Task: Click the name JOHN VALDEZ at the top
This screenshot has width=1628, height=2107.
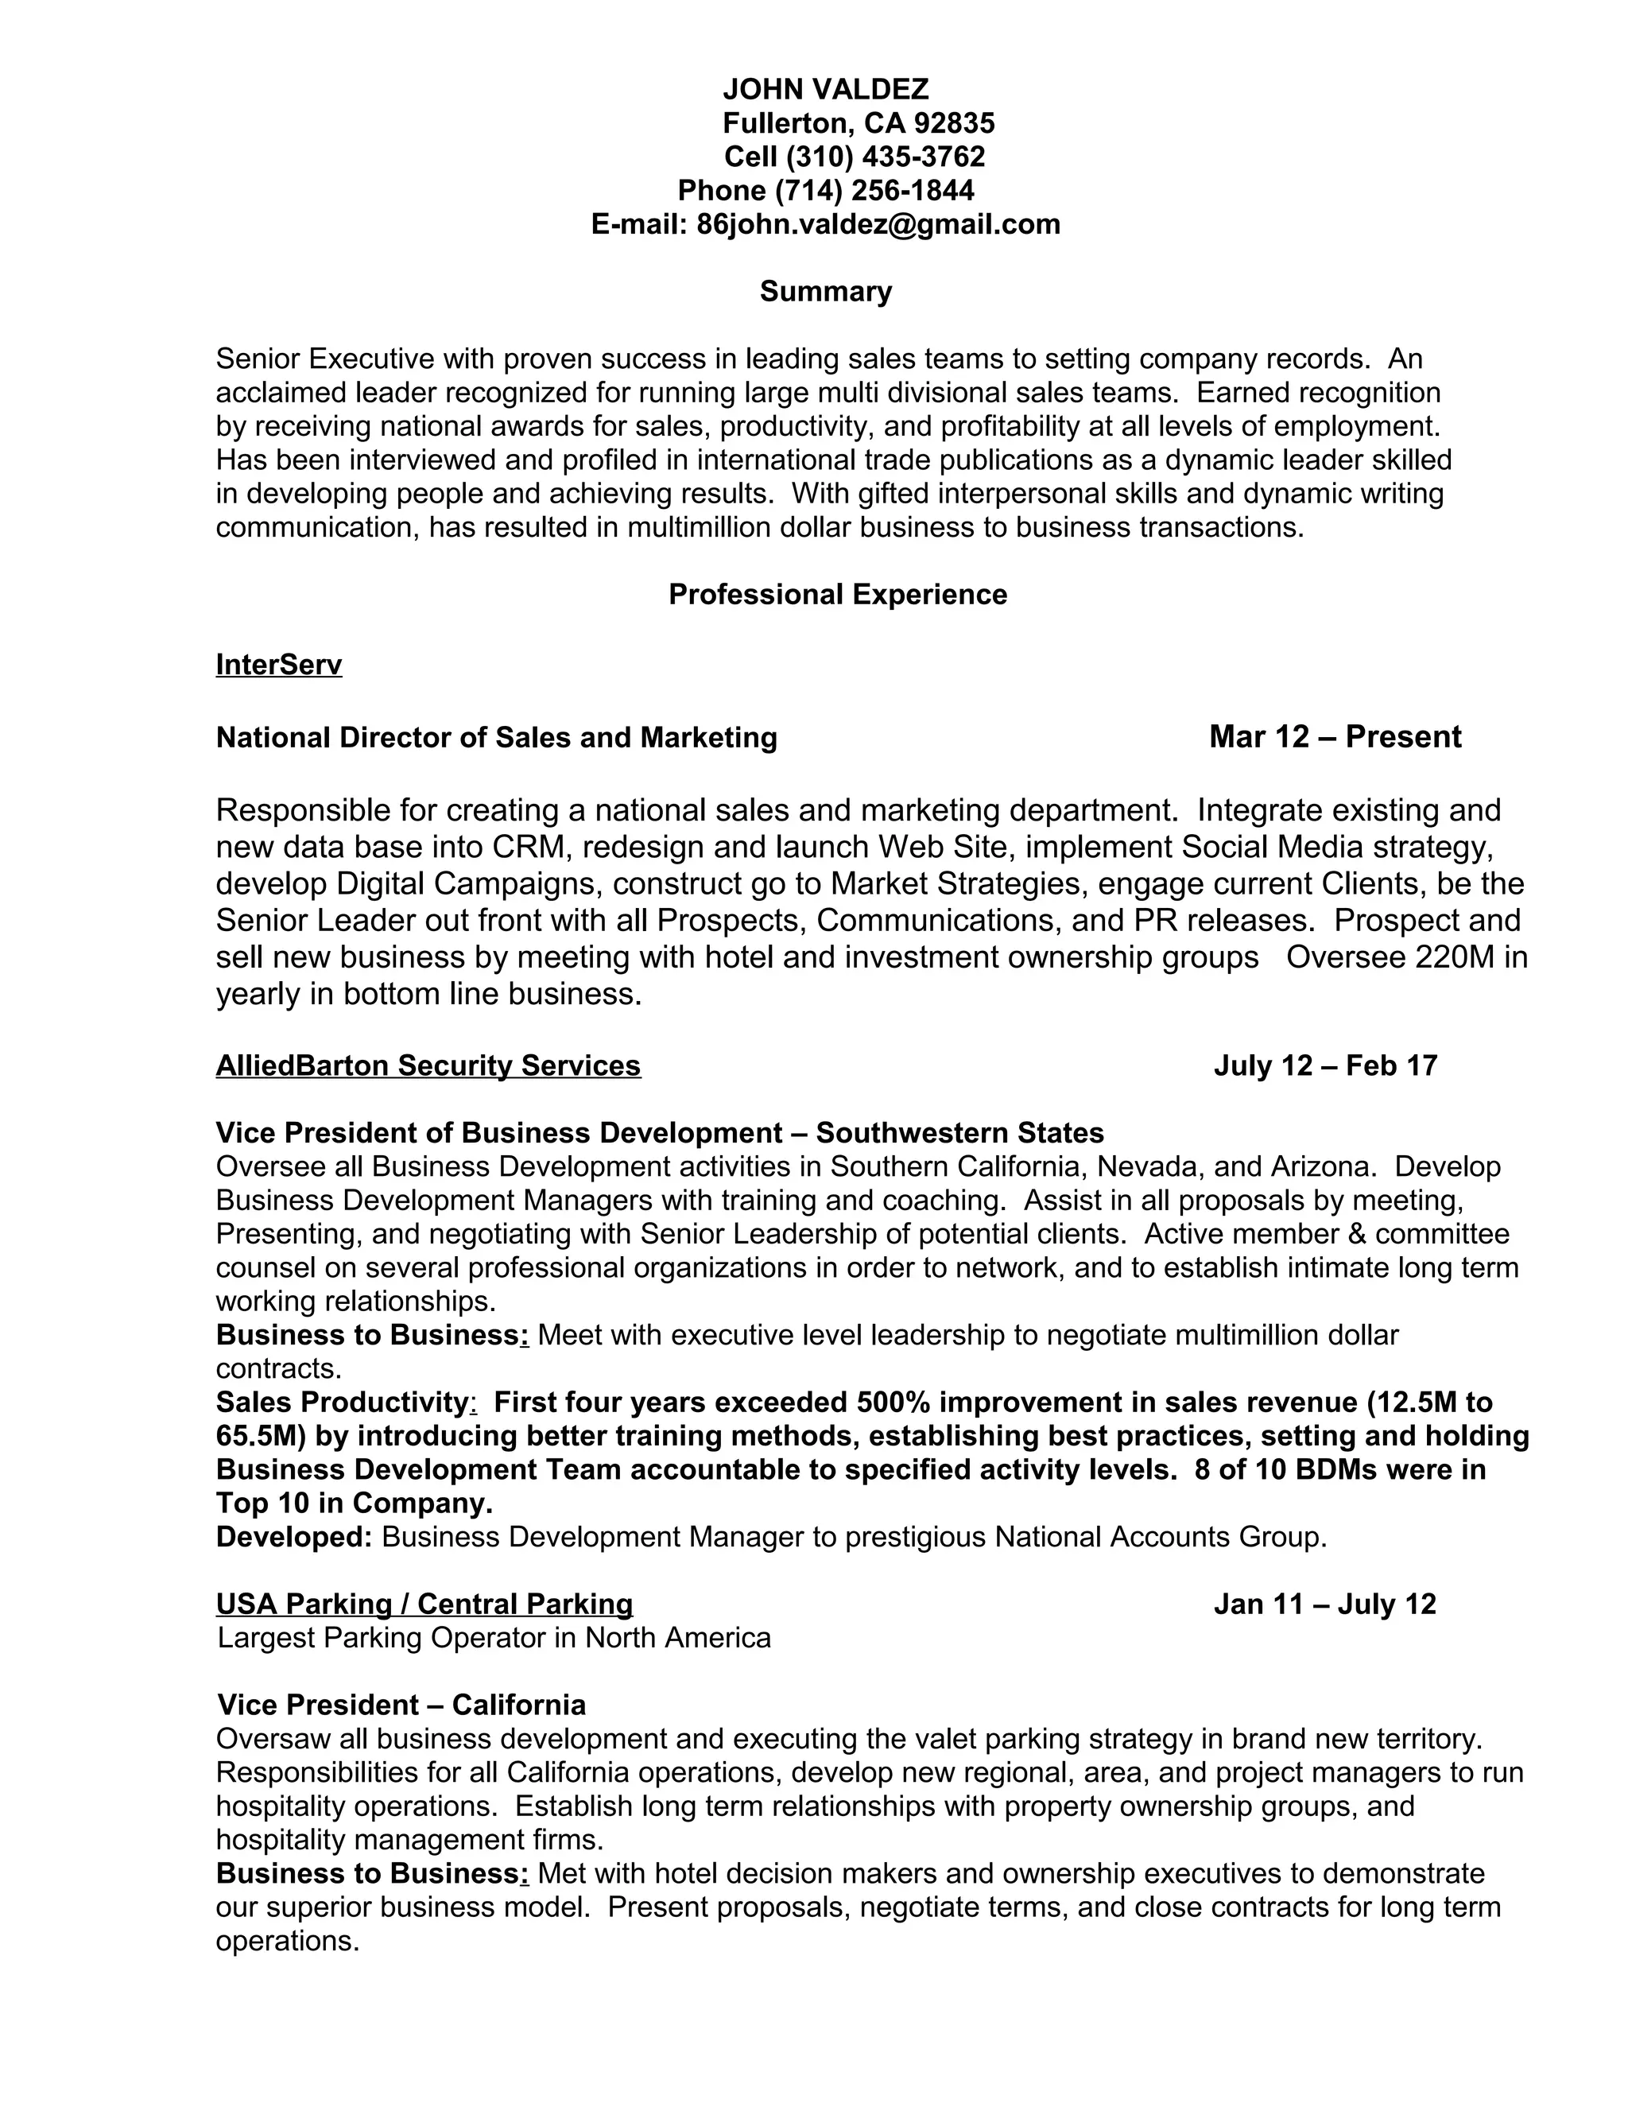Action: [826, 90]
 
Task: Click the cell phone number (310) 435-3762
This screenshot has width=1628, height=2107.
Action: [886, 157]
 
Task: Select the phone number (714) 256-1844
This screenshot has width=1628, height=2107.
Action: [874, 190]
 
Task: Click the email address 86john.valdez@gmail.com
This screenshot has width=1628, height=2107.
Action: [878, 224]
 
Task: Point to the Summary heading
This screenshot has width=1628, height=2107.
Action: [826, 291]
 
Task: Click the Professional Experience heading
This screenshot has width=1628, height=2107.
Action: [837, 594]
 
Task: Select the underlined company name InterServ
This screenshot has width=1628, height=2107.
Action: [279, 665]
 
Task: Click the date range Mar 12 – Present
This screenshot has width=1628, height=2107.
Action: [1335, 737]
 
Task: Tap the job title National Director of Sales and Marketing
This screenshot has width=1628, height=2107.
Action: [496, 738]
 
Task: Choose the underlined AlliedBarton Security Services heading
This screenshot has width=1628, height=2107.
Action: [428, 1066]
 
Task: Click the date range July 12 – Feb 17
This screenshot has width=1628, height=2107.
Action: [1325, 1066]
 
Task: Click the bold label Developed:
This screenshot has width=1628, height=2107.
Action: [293, 1537]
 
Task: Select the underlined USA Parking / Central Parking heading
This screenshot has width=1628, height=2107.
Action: [424, 1605]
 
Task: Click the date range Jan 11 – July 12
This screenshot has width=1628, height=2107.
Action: [1324, 1605]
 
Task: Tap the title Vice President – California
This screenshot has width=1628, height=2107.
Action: [401, 1705]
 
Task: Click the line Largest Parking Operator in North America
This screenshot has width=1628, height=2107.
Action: [494, 1638]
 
